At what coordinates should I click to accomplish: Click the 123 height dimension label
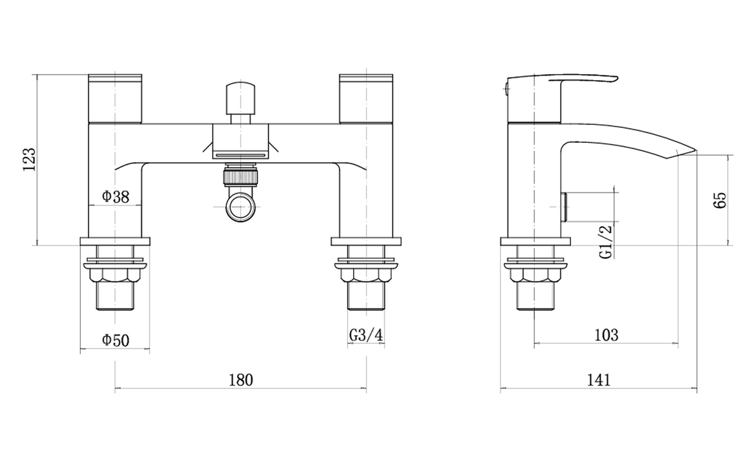(29, 159)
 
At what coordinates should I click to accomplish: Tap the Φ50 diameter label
(115, 339)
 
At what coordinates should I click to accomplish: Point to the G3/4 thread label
(367, 336)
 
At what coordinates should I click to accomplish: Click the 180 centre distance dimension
(241, 380)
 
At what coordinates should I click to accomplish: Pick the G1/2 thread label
(606, 241)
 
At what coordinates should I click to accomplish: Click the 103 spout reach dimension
(605, 335)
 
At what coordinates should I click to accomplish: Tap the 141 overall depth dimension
(599, 380)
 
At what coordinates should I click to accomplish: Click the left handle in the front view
(114, 98)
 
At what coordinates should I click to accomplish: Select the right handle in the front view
(366, 98)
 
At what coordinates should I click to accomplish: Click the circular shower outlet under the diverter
(240, 207)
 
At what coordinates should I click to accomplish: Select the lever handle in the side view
(563, 84)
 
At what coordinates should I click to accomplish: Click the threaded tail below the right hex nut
(367, 296)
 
